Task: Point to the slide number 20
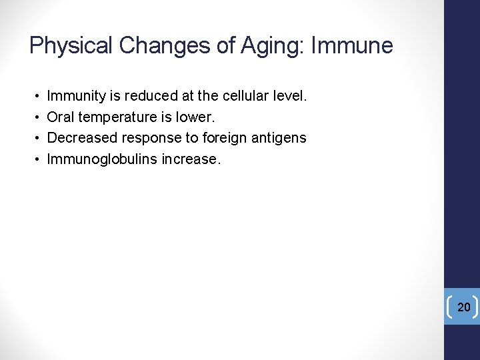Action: click(464, 307)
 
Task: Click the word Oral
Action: click(61, 117)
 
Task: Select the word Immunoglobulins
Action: click(102, 159)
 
